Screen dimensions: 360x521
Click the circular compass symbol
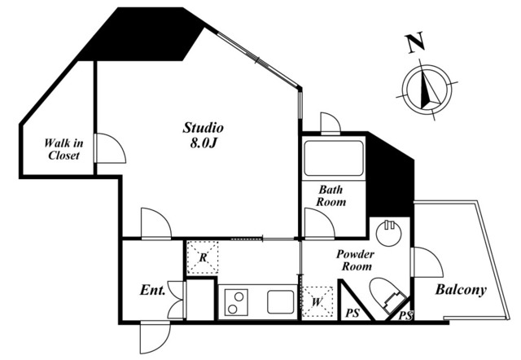pyautogui.click(x=427, y=89)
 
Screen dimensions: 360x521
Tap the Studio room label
pyautogui.click(x=203, y=128)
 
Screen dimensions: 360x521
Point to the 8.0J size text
pyautogui.click(x=203, y=143)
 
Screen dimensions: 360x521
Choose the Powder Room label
pyautogui.click(x=356, y=260)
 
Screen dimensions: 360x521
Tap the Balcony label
pyautogui.click(x=460, y=290)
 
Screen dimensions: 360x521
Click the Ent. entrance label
pyautogui.click(x=153, y=289)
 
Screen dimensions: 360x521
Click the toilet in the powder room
pyautogui.click(x=384, y=295)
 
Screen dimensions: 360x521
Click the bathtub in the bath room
pyautogui.click(x=333, y=159)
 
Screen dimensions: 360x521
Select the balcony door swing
pyautogui.click(x=427, y=262)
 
